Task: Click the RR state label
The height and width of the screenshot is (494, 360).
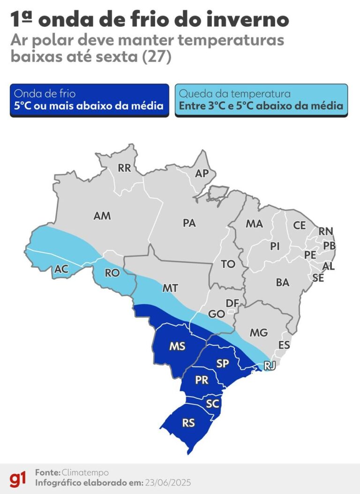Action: point(125,168)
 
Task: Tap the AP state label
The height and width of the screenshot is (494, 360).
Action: point(202,173)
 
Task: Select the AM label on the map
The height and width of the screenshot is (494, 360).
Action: point(102,216)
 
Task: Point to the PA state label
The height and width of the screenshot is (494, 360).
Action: point(189,224)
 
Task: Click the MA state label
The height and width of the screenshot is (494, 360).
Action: point(254,224)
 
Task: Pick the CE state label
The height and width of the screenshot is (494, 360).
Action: point(300,225)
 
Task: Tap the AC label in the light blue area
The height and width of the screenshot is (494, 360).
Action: point(62,269)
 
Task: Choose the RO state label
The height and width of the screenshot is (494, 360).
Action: point(112,272)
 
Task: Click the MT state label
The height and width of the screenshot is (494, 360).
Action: point(170,288)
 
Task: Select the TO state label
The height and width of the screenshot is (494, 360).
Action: point(228,264)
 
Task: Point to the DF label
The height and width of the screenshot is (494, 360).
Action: point(232,303)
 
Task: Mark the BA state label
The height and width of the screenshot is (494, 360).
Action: point(283,283)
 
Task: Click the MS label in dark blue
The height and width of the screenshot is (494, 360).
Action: point(177,346)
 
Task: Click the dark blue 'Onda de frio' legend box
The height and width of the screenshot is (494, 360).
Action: point(89,100)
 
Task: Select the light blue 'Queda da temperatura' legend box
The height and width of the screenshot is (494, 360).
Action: point(261,100)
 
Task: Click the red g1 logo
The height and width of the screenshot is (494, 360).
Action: point(18,478)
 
